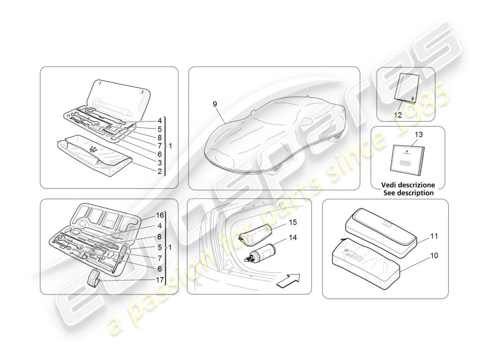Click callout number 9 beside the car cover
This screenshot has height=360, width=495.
[x=215, y=104]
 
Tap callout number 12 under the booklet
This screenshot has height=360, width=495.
[x=398, y=115]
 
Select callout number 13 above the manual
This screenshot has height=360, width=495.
[x=419, y=134]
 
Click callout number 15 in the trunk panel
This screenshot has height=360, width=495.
[x=293, y=222]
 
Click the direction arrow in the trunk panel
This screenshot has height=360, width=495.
[x=288, y=282]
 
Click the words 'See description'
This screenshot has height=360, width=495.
[x=408, y=193]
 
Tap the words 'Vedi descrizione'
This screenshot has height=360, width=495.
[x=408, y=185]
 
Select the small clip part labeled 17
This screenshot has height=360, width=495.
[x=94, y=278]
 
